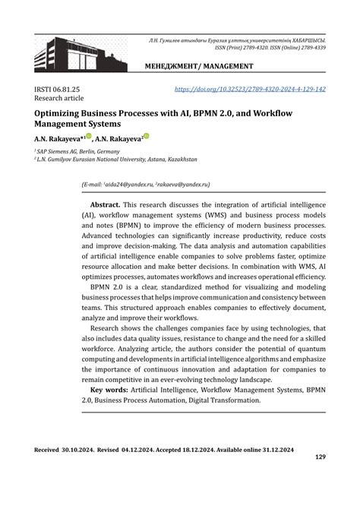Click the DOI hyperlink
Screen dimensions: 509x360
pos(250,90)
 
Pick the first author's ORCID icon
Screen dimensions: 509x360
pos(89,138)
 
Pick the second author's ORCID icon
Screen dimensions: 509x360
pos(146,138)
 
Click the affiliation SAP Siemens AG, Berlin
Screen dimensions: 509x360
pos(73,151)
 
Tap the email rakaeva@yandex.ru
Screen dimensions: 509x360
pos(182,185)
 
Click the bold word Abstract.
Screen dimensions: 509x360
pos(105,206)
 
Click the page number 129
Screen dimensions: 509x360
pos(319,457)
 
